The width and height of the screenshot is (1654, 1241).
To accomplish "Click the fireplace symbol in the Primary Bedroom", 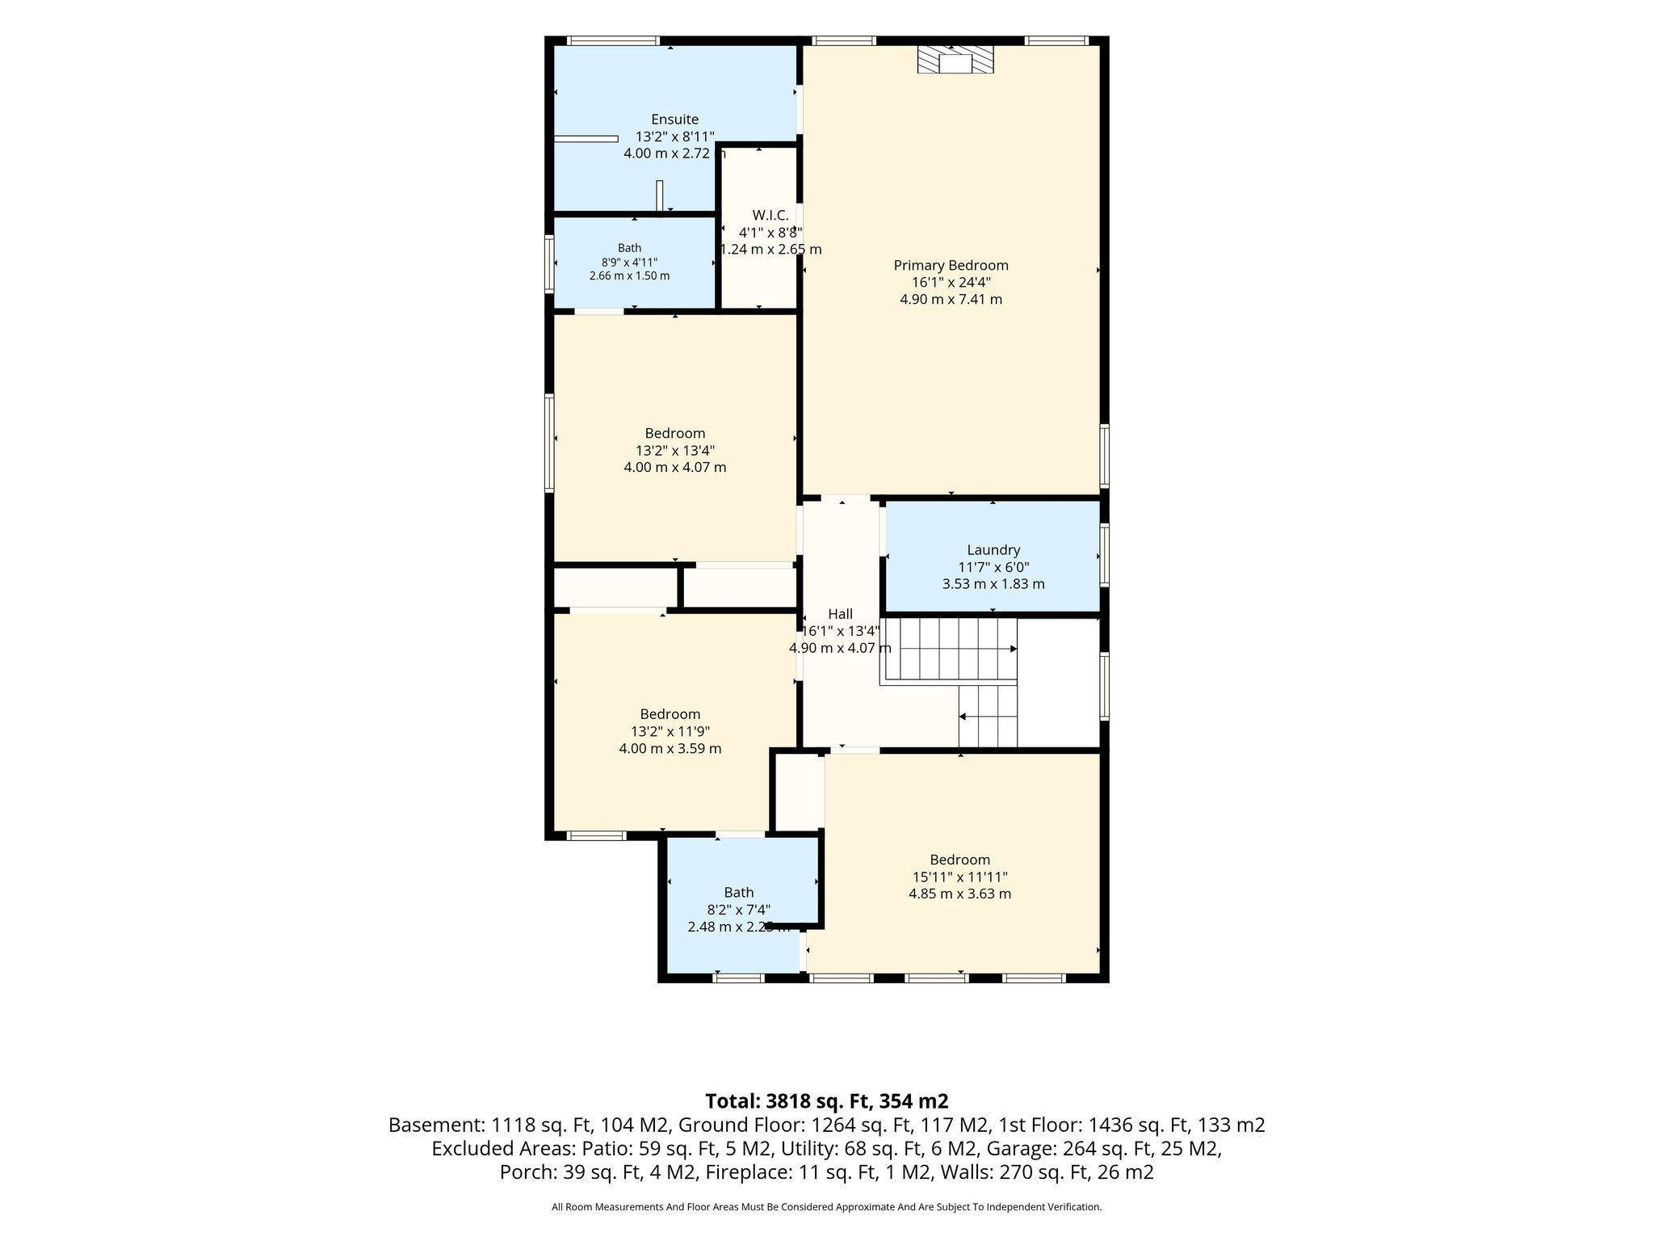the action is click(x=955, y=60).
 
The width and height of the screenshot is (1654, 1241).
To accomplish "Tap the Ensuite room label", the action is click(x=674, y=120).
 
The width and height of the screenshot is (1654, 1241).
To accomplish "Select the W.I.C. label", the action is click(x=770, y=215).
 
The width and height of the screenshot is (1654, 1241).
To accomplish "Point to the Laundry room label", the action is click(x=993, y=550).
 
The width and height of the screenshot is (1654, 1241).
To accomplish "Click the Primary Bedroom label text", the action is click(x=951, y=265).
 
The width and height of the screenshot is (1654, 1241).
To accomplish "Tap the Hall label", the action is click(x=840, y=614).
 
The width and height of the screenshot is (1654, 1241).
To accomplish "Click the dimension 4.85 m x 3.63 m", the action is click(x=959, y=894).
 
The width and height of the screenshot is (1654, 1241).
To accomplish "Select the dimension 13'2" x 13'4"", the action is click(x=674, y=450).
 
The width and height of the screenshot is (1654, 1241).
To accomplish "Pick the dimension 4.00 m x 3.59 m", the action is click(x=670, y=748).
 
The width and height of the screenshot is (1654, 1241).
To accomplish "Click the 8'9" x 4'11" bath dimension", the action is click(x=629, y=263).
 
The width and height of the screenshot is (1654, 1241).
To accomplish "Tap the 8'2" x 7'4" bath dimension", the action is click(x=738, y=910).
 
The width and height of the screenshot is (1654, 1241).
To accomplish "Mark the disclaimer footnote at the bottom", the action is click(x=826, y=1207).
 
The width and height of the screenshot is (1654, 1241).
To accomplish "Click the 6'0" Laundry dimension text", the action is click(x=1015, y=567).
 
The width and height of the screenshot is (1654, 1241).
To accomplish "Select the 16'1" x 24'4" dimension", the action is click(x=951, y=282).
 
